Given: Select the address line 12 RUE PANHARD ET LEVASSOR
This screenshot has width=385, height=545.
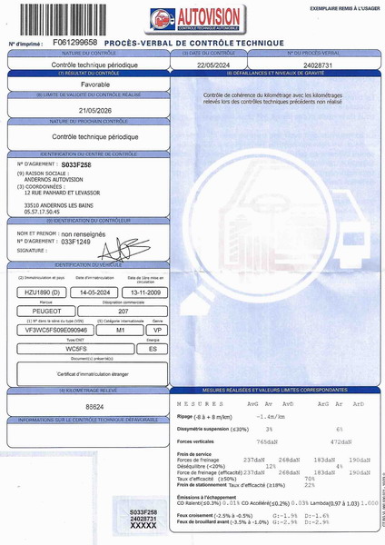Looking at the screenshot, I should pyautogui.click(x=63, y=193).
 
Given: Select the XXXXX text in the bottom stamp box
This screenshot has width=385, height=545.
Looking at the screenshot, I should pyautogui.click(x=144, y=525).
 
